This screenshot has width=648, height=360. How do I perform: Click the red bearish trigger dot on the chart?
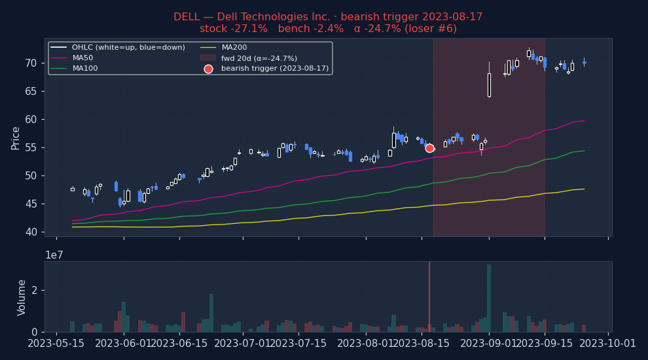(x=429, y=148)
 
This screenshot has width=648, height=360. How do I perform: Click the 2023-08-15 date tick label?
(x=422, y=344)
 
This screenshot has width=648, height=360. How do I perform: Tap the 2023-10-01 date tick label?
(x=608, y=344)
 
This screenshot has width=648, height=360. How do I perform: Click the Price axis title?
(x=16, y=137)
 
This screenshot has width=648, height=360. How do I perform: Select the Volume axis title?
(x=22, y=297)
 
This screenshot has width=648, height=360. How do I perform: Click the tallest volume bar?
(x=489, y=298)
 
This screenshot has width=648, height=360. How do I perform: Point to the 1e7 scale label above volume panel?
(x=54, y=255)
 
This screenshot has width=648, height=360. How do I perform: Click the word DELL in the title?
(x=187, y=17)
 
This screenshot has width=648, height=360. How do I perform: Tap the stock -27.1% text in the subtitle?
(x=234, y=29)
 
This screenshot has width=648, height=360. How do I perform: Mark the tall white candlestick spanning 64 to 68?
(x=489, y=85)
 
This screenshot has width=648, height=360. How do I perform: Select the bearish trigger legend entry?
(x=275, y=69)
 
